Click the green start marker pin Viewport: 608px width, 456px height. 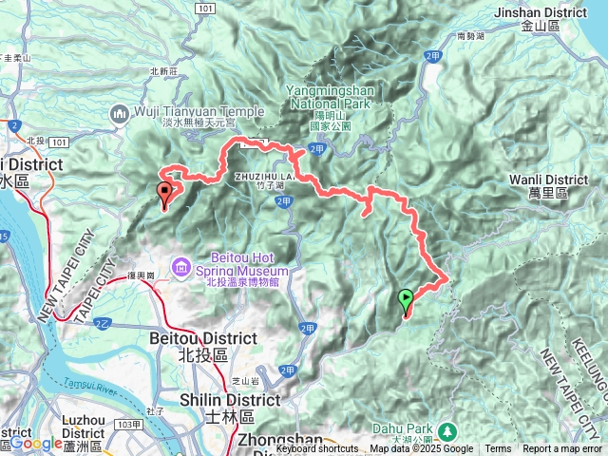coord(406,301)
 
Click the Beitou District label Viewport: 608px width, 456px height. coord(203,345)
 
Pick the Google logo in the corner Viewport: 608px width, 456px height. coord(36,444)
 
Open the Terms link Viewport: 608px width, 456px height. coord(497,449)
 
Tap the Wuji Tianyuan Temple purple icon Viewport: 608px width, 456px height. coord(120,114)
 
